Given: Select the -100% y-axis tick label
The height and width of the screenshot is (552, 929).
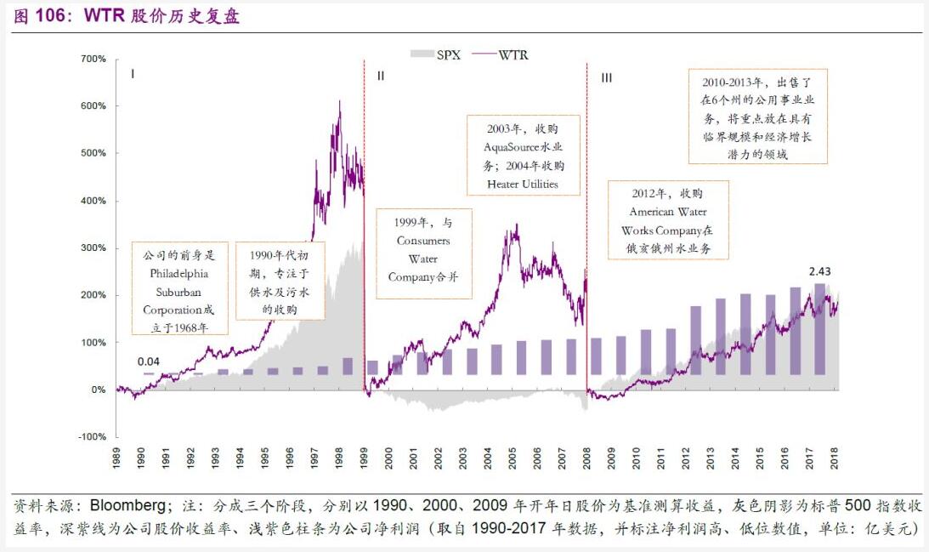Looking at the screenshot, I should (92, 436).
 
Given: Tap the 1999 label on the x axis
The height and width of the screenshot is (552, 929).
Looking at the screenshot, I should (364, 460).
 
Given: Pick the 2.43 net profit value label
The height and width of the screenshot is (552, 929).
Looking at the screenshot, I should (819, 271).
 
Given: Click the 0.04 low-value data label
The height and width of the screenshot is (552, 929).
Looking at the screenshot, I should (149, 361).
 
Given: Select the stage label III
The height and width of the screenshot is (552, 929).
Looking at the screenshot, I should (606, 77).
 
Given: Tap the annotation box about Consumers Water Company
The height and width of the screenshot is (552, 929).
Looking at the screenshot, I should (422, 253).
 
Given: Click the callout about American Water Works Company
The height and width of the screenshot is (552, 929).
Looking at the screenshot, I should (668, 219).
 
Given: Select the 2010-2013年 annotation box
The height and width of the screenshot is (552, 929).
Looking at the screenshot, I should (758, 117).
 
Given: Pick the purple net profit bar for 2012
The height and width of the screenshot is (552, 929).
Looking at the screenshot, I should (695, 340).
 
